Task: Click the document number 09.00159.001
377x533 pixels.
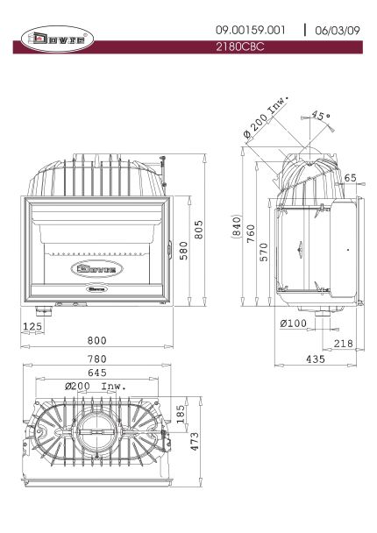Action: click(250, 31)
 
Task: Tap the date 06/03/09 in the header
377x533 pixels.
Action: click(338, 31)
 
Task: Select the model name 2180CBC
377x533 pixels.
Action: click(240, 46)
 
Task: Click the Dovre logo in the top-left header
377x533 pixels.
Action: click(58, 39)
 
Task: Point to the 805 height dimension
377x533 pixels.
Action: click(199, 230)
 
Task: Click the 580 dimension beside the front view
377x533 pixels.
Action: click(183, 251)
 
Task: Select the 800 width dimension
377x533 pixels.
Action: click(97, 340)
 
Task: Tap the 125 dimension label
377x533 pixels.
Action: click(32, 326)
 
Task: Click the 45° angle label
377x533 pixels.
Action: click(321, 115)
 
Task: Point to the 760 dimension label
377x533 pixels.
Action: click(251, 233)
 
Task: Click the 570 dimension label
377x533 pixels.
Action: click(264, 252)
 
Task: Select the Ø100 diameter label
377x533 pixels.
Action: click(293, 323)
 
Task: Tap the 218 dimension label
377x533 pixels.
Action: click(344, 344)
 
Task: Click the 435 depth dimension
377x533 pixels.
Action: click(316, 359)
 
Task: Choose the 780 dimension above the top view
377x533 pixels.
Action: click(97, 359)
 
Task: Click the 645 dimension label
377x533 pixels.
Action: click(97, 373)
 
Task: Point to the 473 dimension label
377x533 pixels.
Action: click(195, 442)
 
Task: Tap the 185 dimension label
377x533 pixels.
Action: click(181, 414)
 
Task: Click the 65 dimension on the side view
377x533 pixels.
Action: click(350, 178)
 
